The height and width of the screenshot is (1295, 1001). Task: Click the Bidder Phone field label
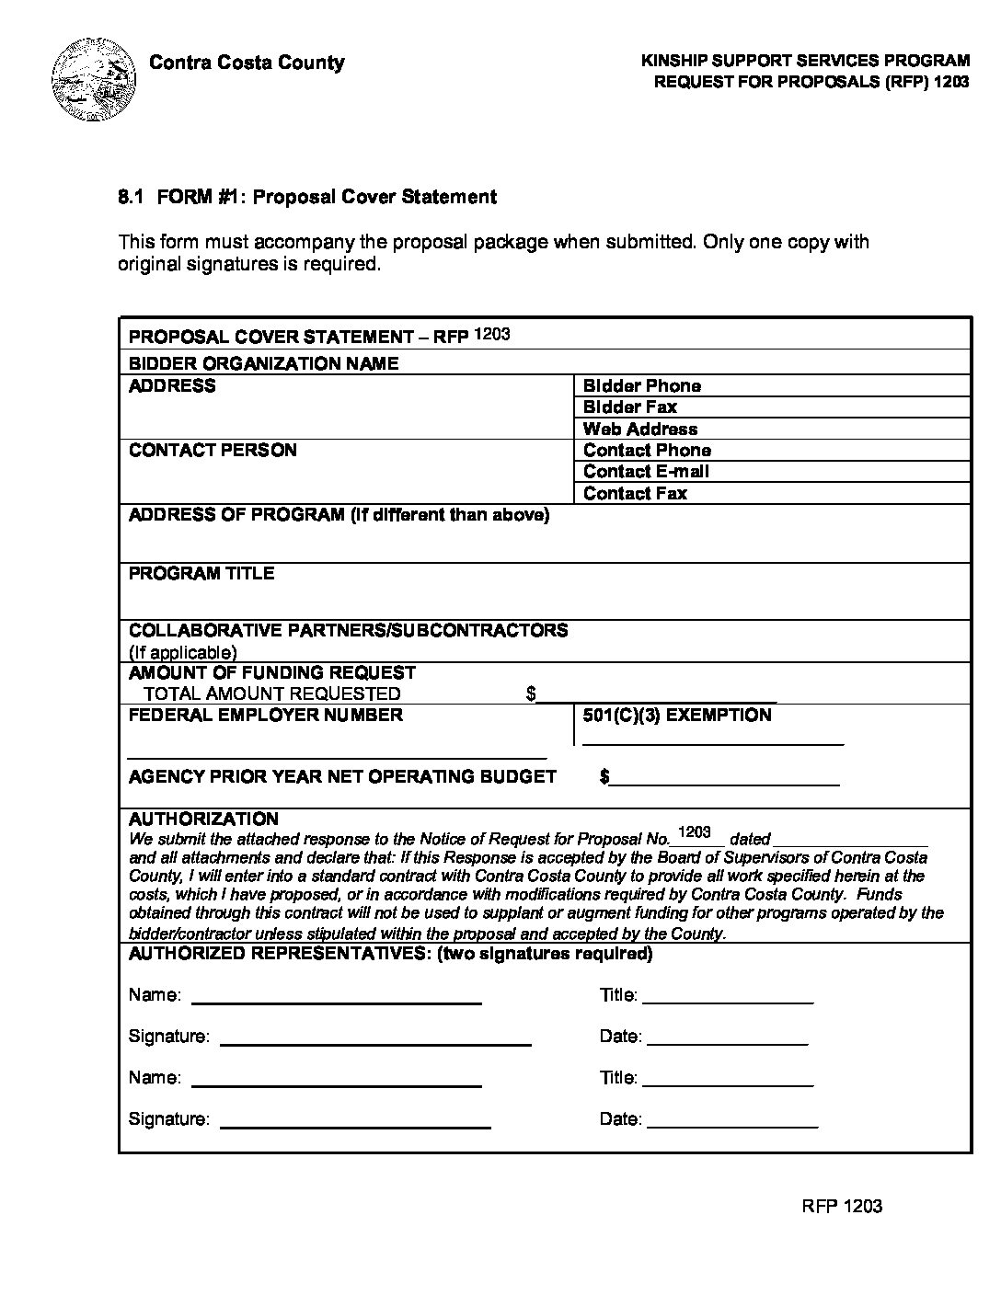641,386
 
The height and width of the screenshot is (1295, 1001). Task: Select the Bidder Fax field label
629,407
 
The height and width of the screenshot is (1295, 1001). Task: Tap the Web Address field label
639,430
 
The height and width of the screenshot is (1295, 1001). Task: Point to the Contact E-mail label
646,472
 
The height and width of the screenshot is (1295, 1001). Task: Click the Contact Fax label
635,494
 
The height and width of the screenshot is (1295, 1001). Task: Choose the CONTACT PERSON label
213,451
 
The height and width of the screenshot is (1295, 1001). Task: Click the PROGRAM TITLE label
201,574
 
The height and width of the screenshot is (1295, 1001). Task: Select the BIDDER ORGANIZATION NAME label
263,364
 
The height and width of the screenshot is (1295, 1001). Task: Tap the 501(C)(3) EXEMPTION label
676,716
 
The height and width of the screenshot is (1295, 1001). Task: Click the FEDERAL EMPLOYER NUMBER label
265,716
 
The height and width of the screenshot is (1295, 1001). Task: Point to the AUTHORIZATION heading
203,819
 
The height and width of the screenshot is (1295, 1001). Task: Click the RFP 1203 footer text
842,1207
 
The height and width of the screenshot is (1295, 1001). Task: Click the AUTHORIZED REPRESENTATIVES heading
390,954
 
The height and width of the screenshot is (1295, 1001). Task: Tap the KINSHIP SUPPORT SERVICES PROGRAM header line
805,62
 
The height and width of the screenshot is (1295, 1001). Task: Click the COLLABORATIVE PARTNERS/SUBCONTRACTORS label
348,631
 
